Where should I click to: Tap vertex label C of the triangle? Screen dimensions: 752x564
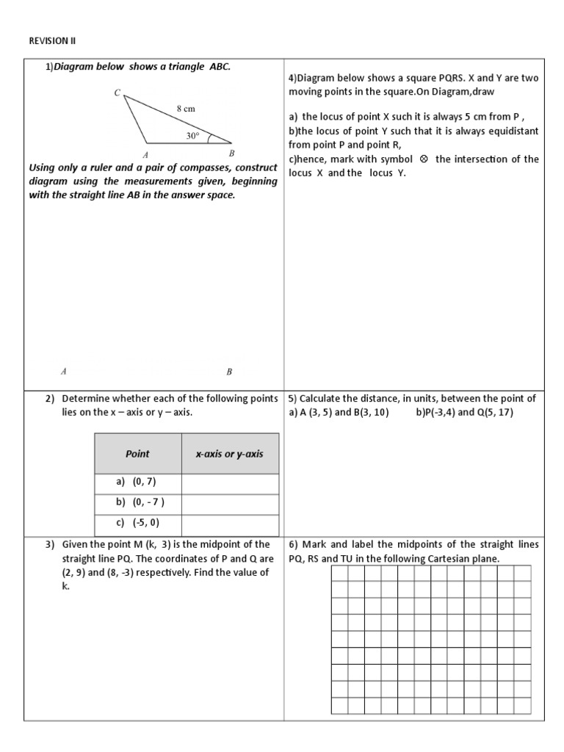[117, 93]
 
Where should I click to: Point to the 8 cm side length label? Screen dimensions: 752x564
[186, 108]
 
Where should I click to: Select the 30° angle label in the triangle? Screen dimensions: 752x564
[192, 136]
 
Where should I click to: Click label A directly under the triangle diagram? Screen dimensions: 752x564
[145, 154]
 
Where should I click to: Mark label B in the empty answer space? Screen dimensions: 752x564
[229, 372]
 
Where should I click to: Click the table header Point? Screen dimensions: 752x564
[137, 454]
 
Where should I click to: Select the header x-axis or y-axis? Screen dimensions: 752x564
[229, 454]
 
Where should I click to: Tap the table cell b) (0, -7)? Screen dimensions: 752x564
[138, 503]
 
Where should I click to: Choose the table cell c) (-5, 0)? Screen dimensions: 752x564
[138, 524]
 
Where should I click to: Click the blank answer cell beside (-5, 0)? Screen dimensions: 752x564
[230, 524]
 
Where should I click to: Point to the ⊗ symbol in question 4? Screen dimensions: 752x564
[424, 159]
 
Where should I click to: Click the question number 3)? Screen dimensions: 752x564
[50, 545]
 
